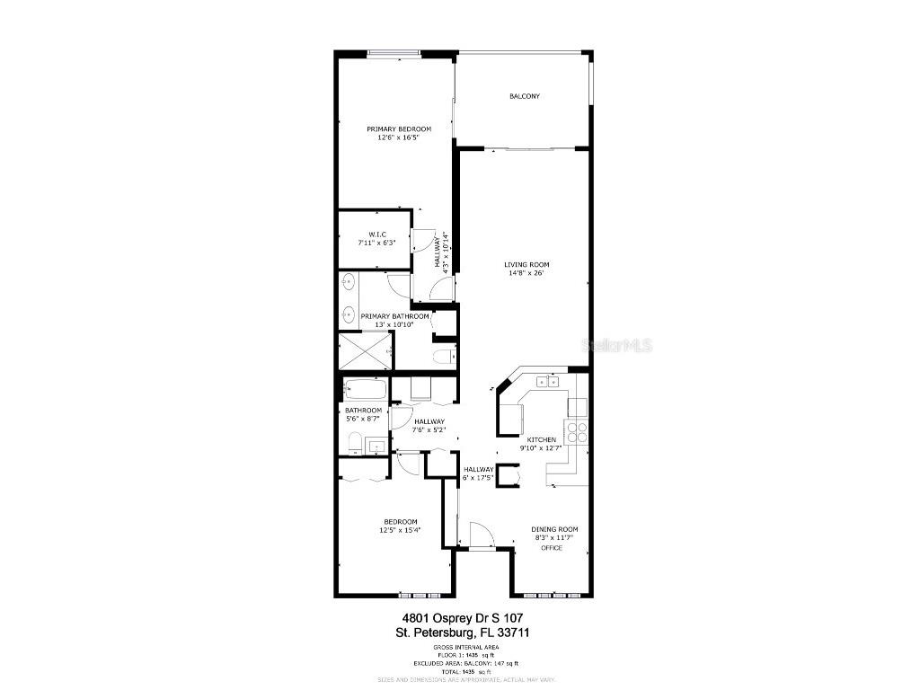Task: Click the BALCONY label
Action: click(525, 96)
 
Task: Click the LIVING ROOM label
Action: click(526, 264)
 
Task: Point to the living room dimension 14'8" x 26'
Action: click(526, 273)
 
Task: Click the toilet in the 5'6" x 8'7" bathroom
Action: click(355, 442)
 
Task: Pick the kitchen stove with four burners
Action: click(577, 432)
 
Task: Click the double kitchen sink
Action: click(547, 382)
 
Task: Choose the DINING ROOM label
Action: click(554, 529)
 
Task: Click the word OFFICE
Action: click(552, 547)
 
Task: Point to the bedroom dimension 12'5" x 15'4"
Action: click(401, 531)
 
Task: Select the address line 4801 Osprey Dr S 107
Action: click(462, 617)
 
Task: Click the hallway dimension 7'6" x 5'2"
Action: click(430, 430)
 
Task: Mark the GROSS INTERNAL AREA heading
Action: click(465, 647)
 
